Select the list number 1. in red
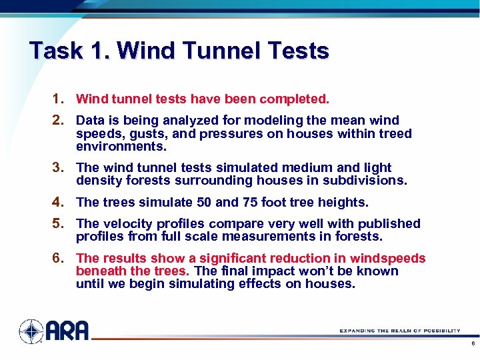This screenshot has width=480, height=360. pos(58,99)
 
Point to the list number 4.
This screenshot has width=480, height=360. pos(58,202)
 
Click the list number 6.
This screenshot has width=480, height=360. pos(58,258)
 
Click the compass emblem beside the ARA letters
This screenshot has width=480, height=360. pos(31,331)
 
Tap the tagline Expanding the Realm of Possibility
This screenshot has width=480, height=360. pos(399,331)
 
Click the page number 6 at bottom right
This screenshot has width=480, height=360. pos(472,345)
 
